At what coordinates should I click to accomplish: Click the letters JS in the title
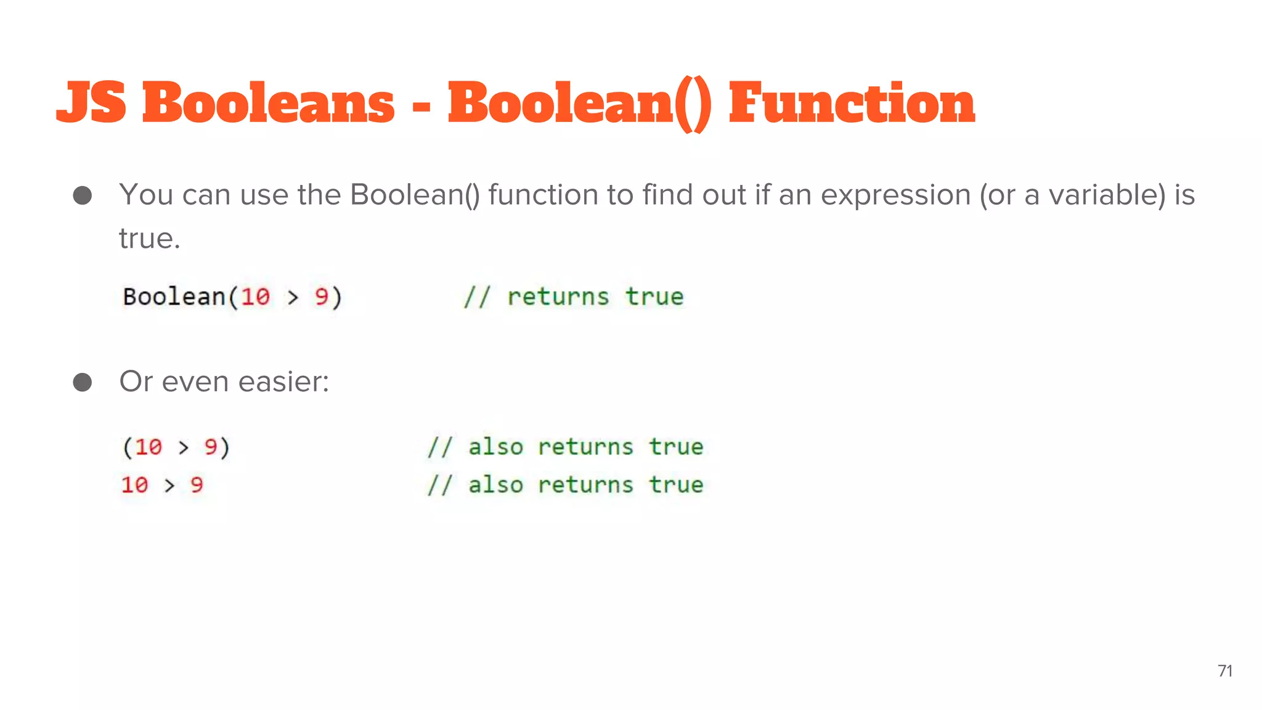point(91,102)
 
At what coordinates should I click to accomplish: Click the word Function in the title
point(852,102)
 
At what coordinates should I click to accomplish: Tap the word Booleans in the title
point(269,102)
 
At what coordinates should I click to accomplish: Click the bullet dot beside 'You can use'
point(83,196)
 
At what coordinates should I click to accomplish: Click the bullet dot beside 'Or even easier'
point(83,382)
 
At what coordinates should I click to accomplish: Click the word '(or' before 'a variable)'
point(998,196)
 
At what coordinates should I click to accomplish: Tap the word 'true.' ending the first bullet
point(150,239)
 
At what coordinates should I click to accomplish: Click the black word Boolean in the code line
point(174,296)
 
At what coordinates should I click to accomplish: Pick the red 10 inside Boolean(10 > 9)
point(255,297)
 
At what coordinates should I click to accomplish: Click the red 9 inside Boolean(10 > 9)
point(322,297)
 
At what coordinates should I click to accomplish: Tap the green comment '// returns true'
point(574,297)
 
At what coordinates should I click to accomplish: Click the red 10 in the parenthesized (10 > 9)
point(149,447)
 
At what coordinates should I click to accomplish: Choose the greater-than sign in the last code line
point(169,486)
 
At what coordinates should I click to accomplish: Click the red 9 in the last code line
point(197,485)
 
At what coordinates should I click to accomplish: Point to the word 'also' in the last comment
point(495,485)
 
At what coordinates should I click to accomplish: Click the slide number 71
point(1225,671)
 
